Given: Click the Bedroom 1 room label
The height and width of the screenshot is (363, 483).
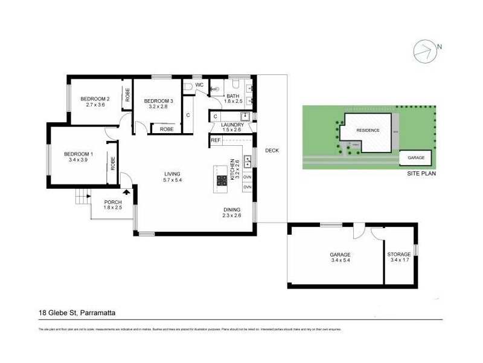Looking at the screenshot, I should [79, 154].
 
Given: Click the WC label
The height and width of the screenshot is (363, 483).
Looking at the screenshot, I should [199, 86].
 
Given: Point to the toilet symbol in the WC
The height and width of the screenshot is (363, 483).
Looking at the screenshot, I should [188, 87].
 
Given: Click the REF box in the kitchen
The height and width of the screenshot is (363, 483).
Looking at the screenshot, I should [215, 140].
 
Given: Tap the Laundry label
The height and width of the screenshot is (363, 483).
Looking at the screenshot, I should [232, 125].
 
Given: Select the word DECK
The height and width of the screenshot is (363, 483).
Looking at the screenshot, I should [272, 151].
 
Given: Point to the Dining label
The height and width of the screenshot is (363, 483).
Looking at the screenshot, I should [232, 209].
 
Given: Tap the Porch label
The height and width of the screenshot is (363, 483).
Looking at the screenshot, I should [113, 202].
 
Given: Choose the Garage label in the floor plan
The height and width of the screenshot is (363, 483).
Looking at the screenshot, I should [341, 255].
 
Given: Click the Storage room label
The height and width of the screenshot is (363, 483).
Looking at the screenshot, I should [399, 255].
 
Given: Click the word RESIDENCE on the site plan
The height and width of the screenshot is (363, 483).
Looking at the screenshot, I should [368, 131].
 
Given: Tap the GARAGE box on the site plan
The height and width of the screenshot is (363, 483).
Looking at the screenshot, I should [416, 157].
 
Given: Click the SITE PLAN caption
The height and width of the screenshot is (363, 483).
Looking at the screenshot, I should [421, 173].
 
